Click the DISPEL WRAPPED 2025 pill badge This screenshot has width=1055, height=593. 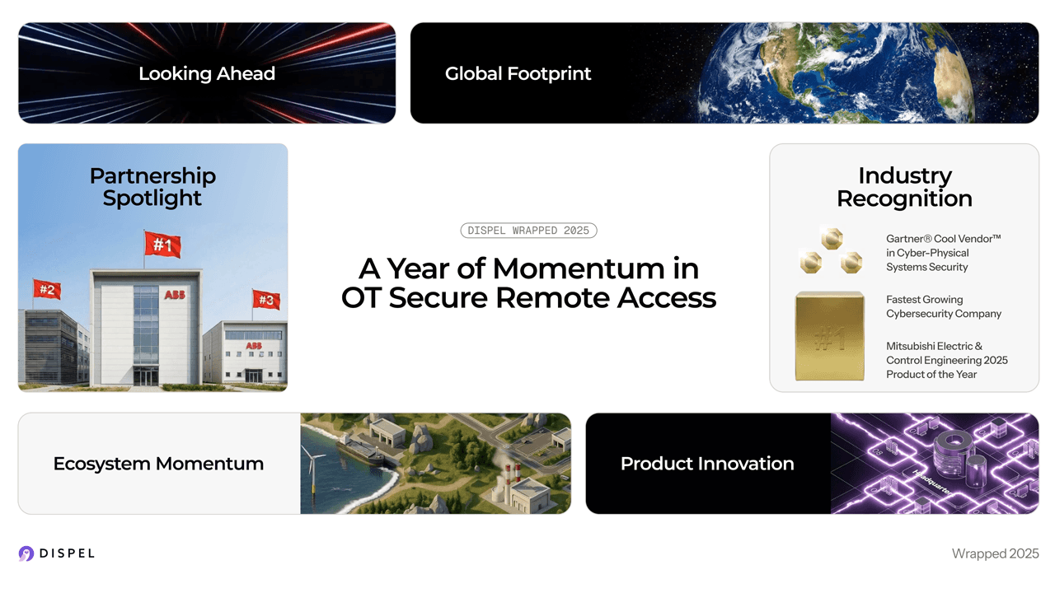click(528, 231)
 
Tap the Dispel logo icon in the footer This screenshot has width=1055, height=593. click(26, 553)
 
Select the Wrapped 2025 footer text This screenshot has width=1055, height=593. click(995, 553)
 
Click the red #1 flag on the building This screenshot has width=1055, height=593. click(162, 245)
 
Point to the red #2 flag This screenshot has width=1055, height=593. click(47, 289)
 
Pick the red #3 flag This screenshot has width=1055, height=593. click(266, 300)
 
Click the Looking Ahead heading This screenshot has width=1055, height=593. click(207, 73)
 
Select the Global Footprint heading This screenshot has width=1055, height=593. click(518, 73)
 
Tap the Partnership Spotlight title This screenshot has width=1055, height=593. click(152, 187)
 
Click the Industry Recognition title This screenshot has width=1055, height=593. click(904, 187)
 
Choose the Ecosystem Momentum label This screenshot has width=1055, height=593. click(158, 464)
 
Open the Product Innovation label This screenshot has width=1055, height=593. click(707, 464)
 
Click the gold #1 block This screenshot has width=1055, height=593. click(829, 336)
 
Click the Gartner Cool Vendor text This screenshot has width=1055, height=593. click(943, 253)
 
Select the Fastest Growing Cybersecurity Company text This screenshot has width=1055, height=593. click(943, 306)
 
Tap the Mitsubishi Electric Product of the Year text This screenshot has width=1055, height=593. click(946, 360)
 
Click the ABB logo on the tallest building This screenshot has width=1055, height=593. click(175, 295)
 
